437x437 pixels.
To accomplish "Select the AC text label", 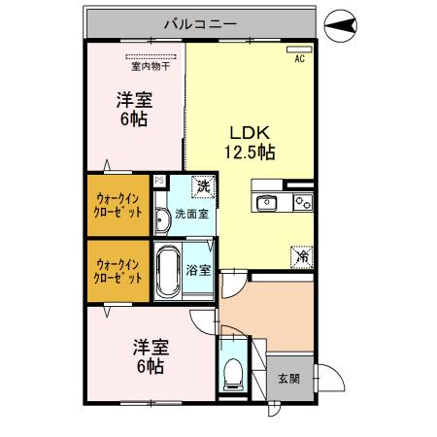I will point(299,57).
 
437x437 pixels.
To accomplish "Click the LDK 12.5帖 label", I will point(251,142).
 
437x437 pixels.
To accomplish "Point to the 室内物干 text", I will point(150,66).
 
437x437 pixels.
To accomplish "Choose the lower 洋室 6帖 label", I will point(150,355).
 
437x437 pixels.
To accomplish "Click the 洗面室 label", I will point(190,214).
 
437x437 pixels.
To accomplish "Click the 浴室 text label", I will point(200,270).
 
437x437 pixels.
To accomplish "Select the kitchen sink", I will point(266,202).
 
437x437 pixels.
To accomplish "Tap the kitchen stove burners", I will point(302,202).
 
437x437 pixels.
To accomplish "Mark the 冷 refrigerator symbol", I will point(302,257).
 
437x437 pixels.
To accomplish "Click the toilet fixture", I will point(234,373).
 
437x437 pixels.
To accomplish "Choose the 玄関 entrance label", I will point(288,379).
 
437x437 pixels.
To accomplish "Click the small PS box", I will point(158,181).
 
